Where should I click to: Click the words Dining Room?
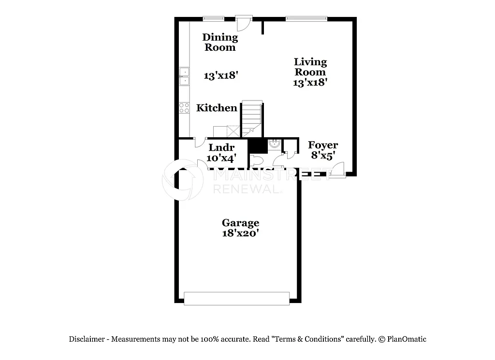[220, 42]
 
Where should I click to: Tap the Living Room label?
[310, 67]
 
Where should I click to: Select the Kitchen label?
[217, 108]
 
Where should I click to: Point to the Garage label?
[240, 223]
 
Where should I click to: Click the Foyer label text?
[323, 145]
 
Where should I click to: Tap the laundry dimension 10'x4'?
[220, 158]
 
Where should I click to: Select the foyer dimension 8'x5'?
[323, 155]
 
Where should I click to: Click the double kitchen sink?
[184, 76]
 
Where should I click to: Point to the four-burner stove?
[184, 108]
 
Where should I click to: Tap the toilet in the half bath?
[257, 160]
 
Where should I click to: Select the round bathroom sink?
[275, 143]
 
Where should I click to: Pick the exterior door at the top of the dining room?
[244, 21]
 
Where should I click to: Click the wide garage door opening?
[236, 298]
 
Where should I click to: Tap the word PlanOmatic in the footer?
[407, 339]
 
